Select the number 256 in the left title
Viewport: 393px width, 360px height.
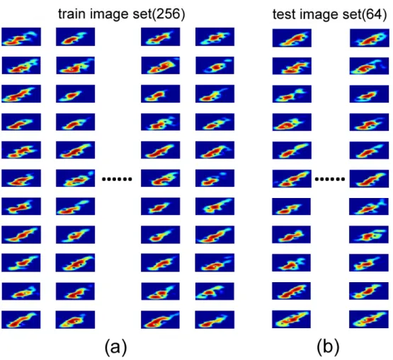tap(167, 13)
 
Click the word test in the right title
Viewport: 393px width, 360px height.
tap(284, 14)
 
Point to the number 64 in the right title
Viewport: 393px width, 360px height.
tap(373, 14)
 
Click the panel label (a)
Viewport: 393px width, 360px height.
tap(116, 347)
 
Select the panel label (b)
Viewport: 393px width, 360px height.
tap(328, 347)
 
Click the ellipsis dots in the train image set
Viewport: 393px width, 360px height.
tap(117, 179)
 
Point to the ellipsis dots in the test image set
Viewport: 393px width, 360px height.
tap(330, 179)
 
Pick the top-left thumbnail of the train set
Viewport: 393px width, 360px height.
tap(21, 37)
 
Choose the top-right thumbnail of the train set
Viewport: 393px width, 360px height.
tap(215, 37)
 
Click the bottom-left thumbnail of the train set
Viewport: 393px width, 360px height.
tap(21, 320)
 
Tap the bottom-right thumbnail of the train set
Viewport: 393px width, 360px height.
tap(215, 320)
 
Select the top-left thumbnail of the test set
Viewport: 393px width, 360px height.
tap(292, 38)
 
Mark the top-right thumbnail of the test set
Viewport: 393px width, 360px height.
tap(370, 38)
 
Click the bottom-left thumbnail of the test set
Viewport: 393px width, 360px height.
tap(291, 320)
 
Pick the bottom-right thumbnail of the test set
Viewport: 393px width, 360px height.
tap(369, 320)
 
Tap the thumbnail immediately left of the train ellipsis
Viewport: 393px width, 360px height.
tap(76, 178)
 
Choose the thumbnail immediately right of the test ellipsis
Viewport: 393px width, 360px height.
tap(370, 179)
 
